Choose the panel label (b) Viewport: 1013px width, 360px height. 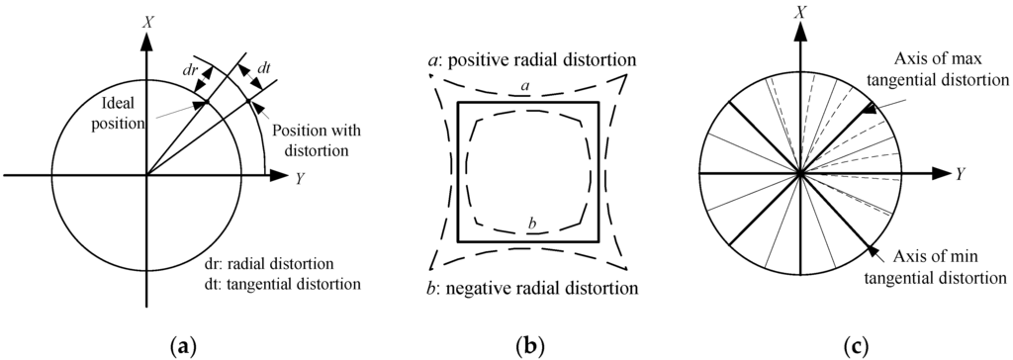(x=530, y=345)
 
